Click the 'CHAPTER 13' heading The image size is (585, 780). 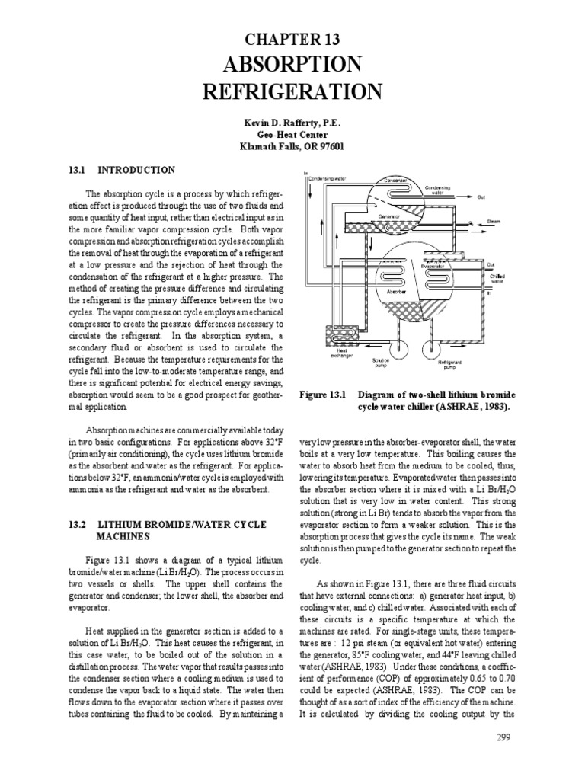click(x=292, y=40)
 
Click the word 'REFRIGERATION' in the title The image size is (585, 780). click(x=292, y=92)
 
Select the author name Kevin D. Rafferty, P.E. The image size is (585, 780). click(x=292, y=122)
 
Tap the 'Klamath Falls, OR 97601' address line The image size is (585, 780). click(x=292, y=146)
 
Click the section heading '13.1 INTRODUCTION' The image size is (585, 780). click(x=122, y=170)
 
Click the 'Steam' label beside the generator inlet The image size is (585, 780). click(x=493, y=222)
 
